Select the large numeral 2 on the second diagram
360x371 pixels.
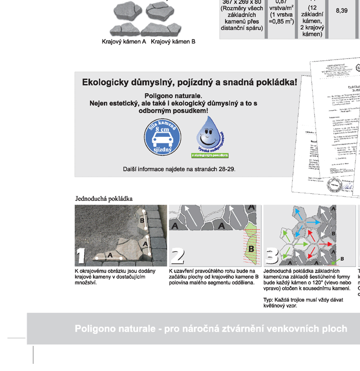pos(177,255)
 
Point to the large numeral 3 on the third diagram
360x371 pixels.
pos(272,255)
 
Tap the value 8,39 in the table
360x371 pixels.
pos(342,11)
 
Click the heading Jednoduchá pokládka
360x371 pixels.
pos(104,198)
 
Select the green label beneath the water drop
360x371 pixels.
pos(210,155)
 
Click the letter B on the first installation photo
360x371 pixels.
pos(142,221)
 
